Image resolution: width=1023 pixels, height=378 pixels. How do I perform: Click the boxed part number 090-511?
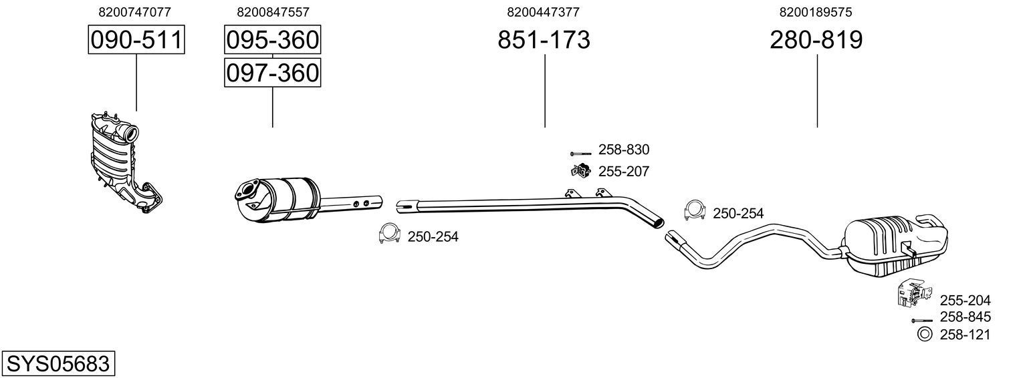[136, 40]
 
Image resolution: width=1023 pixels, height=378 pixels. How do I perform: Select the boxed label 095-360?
[272, 40]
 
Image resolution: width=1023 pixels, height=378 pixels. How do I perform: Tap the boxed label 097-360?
[272, 72]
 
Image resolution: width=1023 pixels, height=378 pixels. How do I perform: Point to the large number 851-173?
[544, 40]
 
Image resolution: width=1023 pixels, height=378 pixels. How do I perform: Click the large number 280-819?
[816, 40]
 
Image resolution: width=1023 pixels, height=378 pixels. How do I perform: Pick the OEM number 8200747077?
[134, 12]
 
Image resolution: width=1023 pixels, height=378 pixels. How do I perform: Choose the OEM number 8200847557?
[273, 12]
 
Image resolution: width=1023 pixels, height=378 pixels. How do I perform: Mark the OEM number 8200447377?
[543, 12]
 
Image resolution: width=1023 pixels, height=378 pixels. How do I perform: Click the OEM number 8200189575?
[816, 12]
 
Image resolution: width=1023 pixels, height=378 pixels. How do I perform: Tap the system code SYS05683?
[58, 364]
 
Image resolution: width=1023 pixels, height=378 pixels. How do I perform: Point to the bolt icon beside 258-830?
[581, 153]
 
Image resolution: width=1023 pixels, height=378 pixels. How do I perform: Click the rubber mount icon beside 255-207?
[580, 171]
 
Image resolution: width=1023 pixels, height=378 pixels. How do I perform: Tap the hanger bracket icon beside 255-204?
[910, 295]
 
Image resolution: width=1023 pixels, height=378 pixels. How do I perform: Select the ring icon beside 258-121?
[925, 335]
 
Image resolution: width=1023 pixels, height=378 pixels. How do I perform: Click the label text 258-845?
[965, 317]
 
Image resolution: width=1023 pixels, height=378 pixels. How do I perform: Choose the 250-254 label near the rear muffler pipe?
[737, 214]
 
